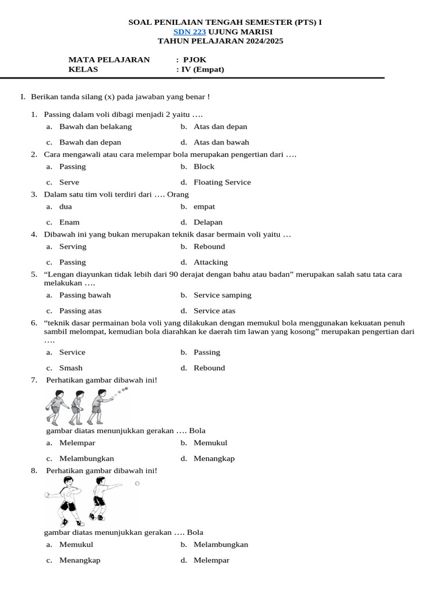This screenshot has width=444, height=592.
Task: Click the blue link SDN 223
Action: tap(190, 32)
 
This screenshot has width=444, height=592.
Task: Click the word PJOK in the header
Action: tap(195, 60)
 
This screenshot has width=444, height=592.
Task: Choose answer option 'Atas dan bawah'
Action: tap(221, 142)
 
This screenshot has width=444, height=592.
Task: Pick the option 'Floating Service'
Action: tap(222, 182)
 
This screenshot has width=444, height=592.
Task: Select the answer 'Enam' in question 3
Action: tap(69, 222)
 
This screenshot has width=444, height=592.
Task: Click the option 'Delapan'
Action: tap(208, 222)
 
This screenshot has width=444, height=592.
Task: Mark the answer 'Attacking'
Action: tap(210, 262)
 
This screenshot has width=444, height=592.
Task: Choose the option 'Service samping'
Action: tap(223, 295)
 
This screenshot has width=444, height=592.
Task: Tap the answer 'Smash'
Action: tap(71, 368)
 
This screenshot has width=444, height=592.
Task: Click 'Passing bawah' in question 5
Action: tap(85, 295)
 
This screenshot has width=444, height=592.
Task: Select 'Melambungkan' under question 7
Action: tap(87, 458)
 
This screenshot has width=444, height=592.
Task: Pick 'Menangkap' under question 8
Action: tap(80, 560)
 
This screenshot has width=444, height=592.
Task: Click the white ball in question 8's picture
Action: tap(137, 483)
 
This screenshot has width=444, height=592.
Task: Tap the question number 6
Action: tap(34, 323)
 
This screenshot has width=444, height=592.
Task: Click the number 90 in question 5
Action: tap(174, 274)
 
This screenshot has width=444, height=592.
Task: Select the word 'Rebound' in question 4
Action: tap(209, 246)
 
